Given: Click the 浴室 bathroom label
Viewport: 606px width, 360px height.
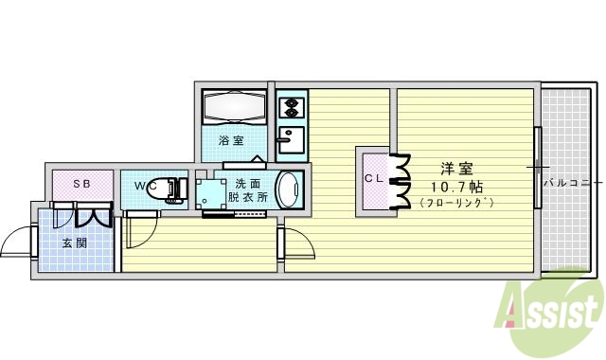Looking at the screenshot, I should [x=231, y=141].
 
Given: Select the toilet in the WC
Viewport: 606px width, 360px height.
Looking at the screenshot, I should [x=171, y=189].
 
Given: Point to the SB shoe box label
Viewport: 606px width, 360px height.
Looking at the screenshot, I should [x=81, y=184].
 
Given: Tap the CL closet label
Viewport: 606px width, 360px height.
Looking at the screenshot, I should [x=374, y=177].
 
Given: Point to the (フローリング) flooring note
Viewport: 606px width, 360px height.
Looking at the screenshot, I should [x=457, y=202].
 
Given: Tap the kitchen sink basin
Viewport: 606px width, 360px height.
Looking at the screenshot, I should [x=290, y=140].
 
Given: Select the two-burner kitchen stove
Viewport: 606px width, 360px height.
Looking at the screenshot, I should [x=292, y=105].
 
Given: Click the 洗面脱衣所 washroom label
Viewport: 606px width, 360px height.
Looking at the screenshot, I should [x=248, y=190].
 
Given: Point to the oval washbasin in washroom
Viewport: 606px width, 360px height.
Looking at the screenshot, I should [x=289, y=188].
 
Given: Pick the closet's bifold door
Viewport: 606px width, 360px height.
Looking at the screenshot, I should [x=400, y=180].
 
